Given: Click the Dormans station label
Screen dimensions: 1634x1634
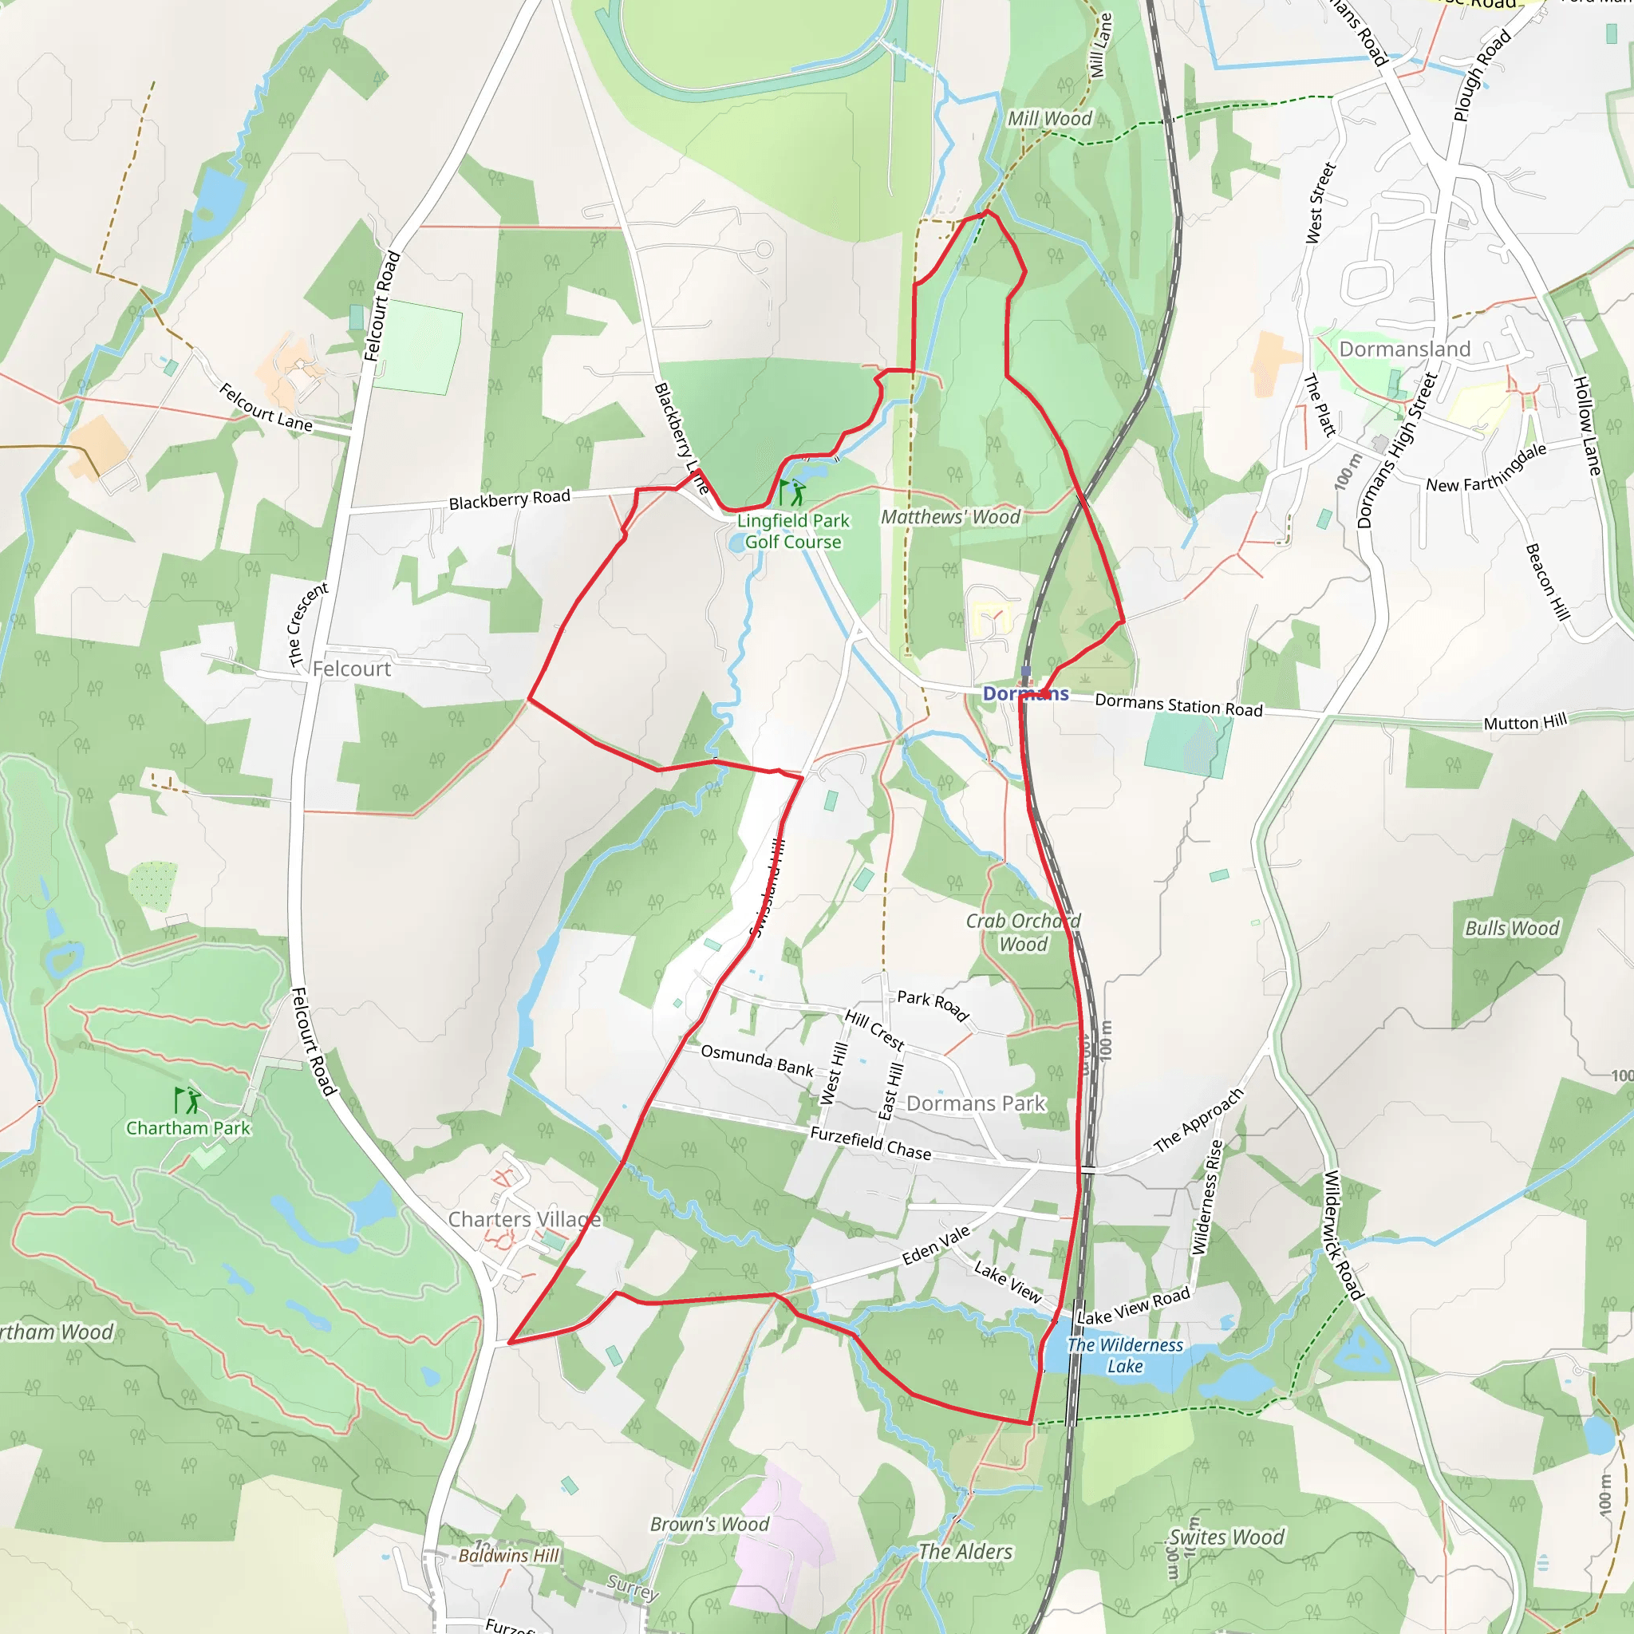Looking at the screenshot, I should (1025, 693).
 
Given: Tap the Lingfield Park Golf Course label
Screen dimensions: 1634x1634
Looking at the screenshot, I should (792, 531).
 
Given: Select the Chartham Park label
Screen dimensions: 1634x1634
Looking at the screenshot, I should (187, 1127).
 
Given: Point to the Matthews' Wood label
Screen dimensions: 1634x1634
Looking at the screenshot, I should (950, 517).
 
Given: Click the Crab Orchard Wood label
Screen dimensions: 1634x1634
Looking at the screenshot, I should (1024, 932).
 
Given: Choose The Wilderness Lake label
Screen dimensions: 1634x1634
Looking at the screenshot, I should (1125, 1355).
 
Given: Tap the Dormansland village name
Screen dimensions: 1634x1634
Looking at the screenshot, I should (1404, 349).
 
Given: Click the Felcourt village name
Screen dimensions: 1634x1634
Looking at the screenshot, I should (352, 668).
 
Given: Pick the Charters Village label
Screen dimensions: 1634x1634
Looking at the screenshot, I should (524, 1219).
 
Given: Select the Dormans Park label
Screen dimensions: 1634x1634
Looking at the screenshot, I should (976, 1103).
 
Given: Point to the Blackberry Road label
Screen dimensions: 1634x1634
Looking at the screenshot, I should (509, 499).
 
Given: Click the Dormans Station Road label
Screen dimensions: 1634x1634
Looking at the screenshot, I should (1178, 705).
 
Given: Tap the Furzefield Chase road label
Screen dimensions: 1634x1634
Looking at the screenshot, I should (870, 1143).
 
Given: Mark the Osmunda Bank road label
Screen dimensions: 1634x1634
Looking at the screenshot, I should (757, 1060).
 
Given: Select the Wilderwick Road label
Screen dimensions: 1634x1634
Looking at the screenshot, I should (1343, 1235).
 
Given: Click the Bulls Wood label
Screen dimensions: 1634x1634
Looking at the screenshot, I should (1511, 928).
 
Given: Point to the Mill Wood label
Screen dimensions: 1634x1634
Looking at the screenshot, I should (1050, 118).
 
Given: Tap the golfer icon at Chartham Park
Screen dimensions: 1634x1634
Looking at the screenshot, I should (188, 1100).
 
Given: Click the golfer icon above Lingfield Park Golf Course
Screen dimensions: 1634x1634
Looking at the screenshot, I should (793, 492).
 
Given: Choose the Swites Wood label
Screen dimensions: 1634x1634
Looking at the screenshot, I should (1226, 1537).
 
